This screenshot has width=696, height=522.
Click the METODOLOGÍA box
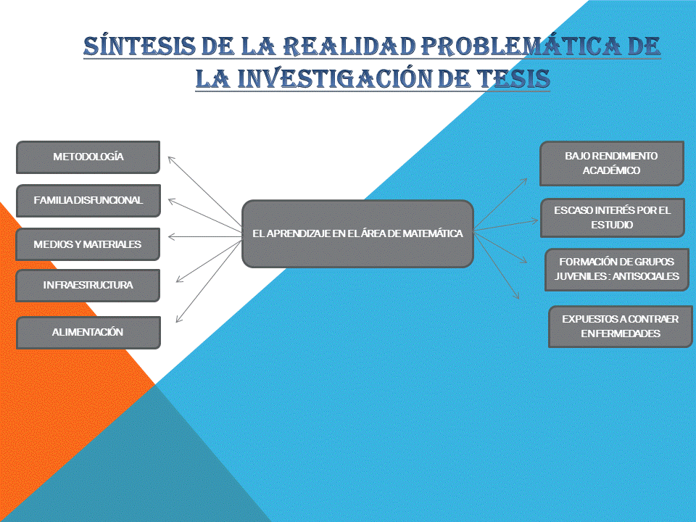coord(88,157)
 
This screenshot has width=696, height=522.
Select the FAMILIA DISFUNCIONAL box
coord(88,201)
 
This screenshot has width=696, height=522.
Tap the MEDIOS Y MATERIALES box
coord(87,244)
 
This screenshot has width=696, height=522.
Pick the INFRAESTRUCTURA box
coord(87,285)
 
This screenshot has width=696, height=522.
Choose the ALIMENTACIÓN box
coord(87,332)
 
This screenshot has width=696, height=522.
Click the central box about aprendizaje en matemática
coord(357,233)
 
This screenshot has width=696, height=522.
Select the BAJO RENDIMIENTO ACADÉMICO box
coord(611,163)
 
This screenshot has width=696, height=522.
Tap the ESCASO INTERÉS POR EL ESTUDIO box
coord(612,217)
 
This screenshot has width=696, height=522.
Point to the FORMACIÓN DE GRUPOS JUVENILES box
coord(616,269)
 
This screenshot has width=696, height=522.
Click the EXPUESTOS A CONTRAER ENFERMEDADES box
coord(620,326)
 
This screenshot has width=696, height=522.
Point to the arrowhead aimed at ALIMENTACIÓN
coord(178,320)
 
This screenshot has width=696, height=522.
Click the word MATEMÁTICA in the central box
coord(433,233)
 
